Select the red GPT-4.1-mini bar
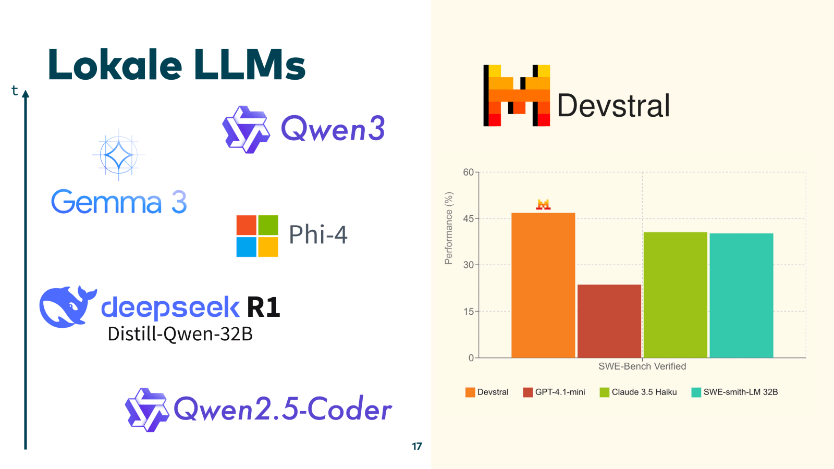pyautogui.click(x=609, y=321)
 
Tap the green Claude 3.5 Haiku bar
pyautogui.click(x=675, y=295)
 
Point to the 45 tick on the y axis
pyautogui.click(x=469, y=219)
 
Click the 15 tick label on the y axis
pyautogui.click(x=469, y=312)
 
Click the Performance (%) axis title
pyautogui.click(x=449, y=228)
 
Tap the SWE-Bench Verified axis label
pyautogui.click(x=642, y=366)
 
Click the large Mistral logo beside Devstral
pyautogui.click(x=517, y=95)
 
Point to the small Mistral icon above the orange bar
pyautogui.click(x=543, y=204)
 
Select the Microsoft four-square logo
pyautogui.click(x=257, y=236)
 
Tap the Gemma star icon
pyautogui.click(x=119, y=155)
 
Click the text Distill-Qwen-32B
pyautogui.click(x=180, y=334)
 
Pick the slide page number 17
pyautogui.click(x=417, y=446)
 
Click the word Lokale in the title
pyautogui.click(x=115, y=65)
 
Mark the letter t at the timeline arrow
pyautogui.click(x=15, y=91)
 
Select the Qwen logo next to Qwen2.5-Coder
pyautogui.click(x=146, y=410)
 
